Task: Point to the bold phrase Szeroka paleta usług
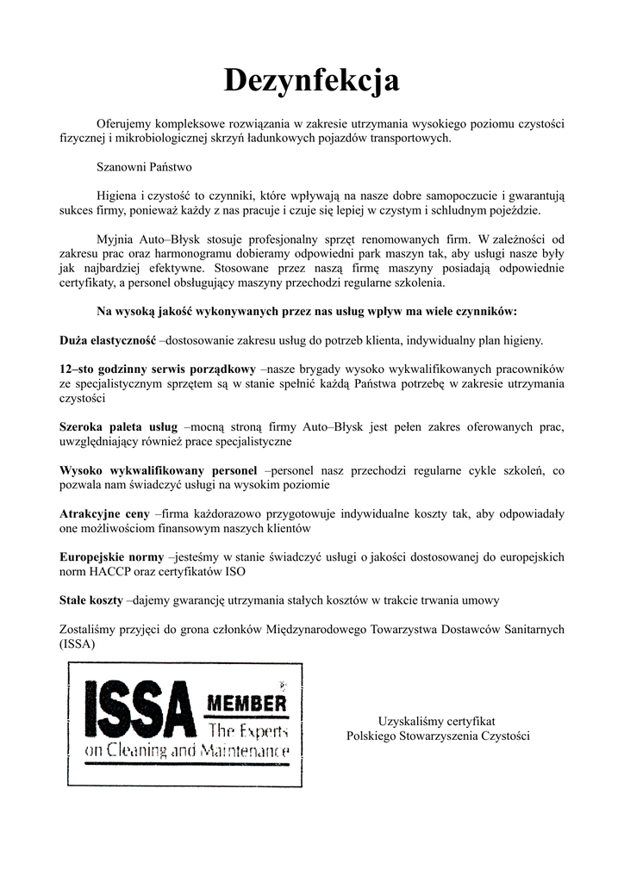[x=118, y=426]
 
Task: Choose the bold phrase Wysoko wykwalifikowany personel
[x=158, y=470]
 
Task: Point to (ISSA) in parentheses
[x=78, y=643]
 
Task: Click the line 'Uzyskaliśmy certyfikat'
[x=438, y=721]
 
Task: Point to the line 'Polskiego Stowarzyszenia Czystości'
[x=438, y=736]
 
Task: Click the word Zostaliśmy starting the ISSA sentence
[x=90, y=629]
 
